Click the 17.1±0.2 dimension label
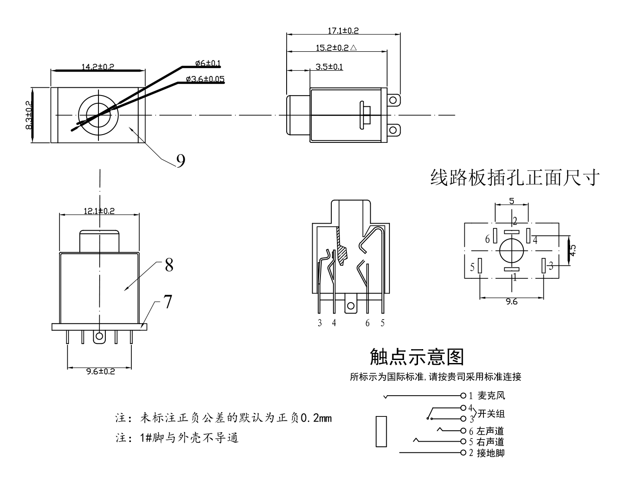tap(343, 31)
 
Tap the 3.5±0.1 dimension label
tap(329, 67)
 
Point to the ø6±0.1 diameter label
tap(208, 63)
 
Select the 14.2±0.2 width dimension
tap(98, 67)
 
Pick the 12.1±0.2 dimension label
tap(99, 211)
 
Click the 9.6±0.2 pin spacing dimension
tap(100, 371)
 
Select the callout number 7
tap(167, 302)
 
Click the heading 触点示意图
tap(416, 357)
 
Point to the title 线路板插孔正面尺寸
tap(515, 178)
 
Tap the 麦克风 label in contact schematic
tap(491, 396)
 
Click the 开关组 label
tap(491, 414)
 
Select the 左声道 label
tap(490, 431)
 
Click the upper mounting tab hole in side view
tap(393, 101)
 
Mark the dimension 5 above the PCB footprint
tap(511, 201)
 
